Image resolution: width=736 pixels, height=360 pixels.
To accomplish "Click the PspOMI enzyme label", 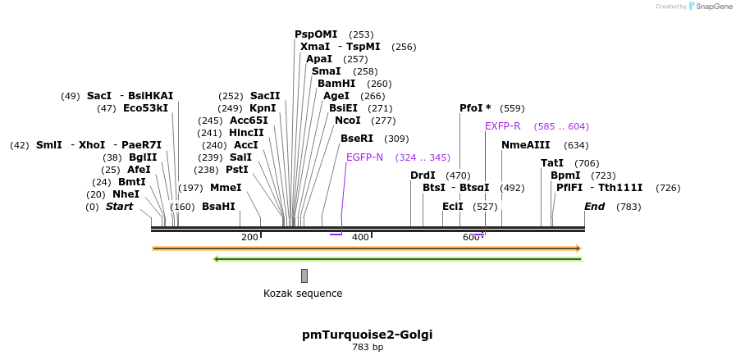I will click(x=316, y=34).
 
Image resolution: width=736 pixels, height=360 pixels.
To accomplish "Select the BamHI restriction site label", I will click(x=336, y=84).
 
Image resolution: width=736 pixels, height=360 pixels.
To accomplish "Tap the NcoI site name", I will click(x=348, y=121).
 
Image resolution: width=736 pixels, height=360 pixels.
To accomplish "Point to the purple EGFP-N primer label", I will click(x=364, y=157).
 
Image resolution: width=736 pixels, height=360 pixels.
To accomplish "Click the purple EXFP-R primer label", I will click(x=502, y=126).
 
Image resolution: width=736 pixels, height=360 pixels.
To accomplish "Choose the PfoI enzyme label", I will click(x=475, y=108).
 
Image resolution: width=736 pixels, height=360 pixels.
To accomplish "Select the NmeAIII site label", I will click(x=525, y=145).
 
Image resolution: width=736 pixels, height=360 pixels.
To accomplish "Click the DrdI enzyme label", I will click(x=423, y=175).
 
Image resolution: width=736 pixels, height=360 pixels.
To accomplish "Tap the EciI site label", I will click(x=452, y=207).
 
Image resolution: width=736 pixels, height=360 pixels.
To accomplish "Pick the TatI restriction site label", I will click(x=552, y=163).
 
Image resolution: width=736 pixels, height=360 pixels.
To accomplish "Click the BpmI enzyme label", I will click(x=565, y=175).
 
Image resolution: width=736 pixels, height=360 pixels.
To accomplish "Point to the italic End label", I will click(x=594, y=207).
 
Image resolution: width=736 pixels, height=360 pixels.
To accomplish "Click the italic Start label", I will click(x=119, y=207).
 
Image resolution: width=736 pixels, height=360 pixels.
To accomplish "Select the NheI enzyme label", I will click(x=126, y=194).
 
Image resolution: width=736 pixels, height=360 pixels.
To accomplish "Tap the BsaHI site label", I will click(x=218, y=207).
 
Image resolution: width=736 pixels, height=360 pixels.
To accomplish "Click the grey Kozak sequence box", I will click(x=304, y=276).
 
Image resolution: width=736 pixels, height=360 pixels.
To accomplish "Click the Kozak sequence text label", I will click(x=303, y=294).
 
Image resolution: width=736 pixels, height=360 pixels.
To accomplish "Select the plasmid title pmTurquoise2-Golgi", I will click(x=367, y=335).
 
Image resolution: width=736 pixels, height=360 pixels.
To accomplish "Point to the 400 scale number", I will click(x=360, y=237).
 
